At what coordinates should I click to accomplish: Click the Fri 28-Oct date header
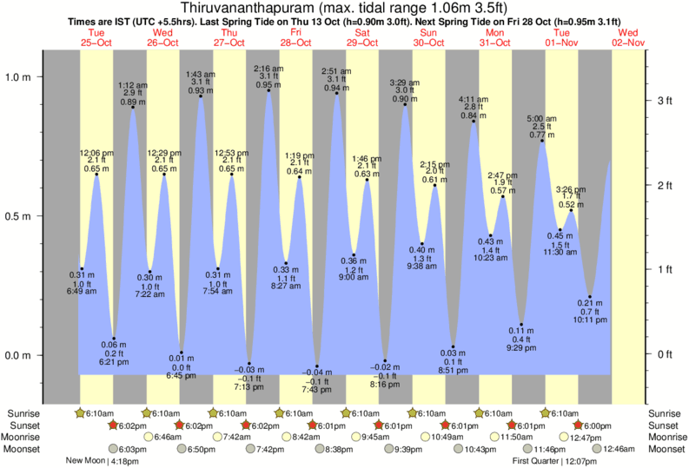point(295,36)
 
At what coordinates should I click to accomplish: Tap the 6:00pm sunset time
point(597,425)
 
